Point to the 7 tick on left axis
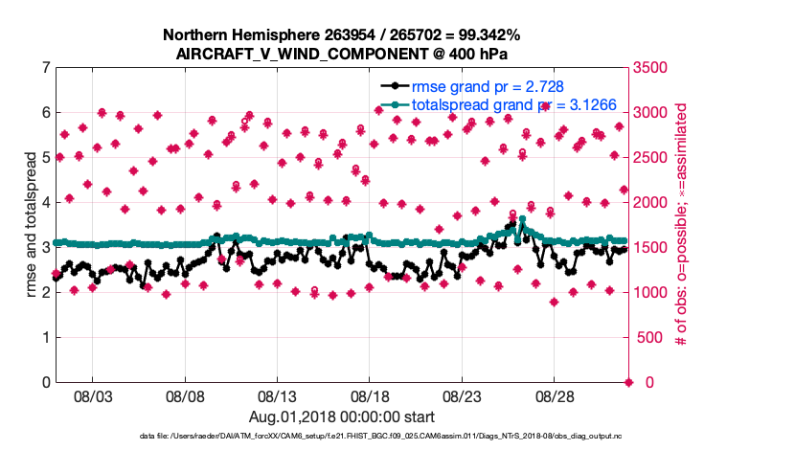(x=46, y=68)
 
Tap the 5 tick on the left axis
(x=46, y=158)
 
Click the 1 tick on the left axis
(x=46, y=338)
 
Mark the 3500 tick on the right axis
(x=652, y=68)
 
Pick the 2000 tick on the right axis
(x=652, y=203)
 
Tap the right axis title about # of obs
(x=683, y=225)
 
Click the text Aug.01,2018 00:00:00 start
(x=342, y=417)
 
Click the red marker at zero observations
(x=628, y=383)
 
